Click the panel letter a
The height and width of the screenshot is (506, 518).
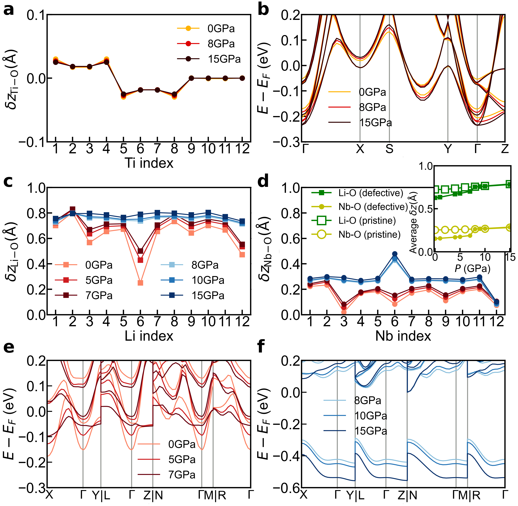(9, 10)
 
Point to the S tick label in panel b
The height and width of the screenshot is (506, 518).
(389, 149)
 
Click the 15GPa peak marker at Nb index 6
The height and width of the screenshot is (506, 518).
(395, 254)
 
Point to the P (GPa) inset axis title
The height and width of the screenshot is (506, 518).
(472, 268)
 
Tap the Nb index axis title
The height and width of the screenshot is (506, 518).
(403, 336)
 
